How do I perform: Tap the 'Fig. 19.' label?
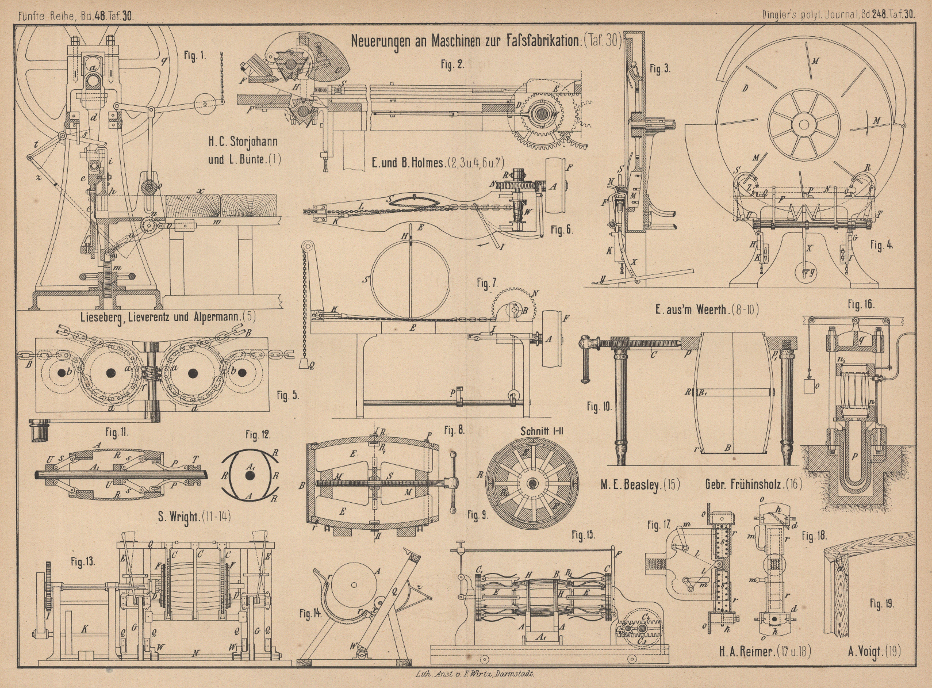click(x=882, y=603)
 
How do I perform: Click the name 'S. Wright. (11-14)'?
click(x=194, y=515)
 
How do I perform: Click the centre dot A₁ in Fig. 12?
click(x=250, y=476)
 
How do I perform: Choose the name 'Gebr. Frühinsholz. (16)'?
click(x=753, y=484)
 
